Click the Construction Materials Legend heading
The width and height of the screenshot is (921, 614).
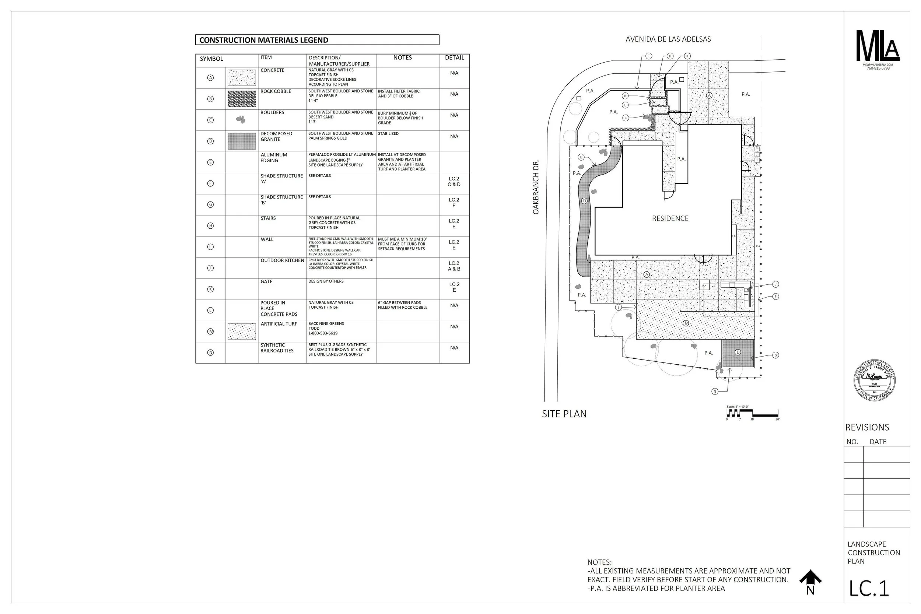pos(263,40)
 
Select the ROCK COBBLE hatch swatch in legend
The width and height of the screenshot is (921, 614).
pos(242,99)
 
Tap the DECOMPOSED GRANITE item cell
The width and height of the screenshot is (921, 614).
pos(276,136)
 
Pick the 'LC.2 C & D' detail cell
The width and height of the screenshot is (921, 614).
pos(454,181)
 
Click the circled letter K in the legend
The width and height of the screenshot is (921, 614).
pos(210,289)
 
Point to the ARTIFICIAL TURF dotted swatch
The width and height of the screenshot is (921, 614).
pos(242,331)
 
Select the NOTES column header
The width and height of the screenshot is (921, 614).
pos(403,57)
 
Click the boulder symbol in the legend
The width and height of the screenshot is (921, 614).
pos(241,119)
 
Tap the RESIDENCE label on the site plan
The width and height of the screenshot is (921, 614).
pos(670,218)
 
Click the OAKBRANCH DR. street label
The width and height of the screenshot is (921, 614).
pos(536,187)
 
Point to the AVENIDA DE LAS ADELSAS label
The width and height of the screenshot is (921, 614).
pos(668,39)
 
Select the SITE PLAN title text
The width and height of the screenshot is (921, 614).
pos(564,414)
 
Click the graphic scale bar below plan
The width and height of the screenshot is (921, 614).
pos(752,413)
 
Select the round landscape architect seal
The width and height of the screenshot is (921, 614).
pos(875,380)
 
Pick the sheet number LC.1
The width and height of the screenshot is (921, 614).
pos(869,588)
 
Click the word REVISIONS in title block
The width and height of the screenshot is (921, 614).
pos(867,427)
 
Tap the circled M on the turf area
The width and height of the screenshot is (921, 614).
pos(686,323)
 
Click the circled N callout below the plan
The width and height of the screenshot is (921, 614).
pos(715,391)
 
